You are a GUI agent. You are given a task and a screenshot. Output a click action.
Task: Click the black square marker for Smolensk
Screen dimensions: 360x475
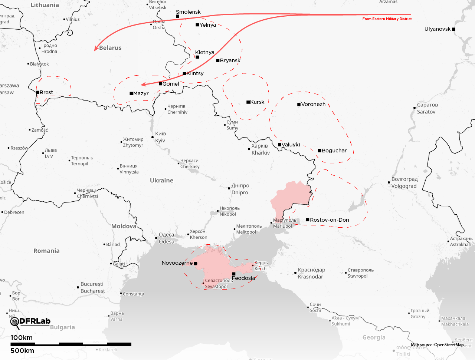coord(178,16)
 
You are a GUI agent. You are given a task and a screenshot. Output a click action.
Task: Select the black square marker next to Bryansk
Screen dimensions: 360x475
coord(218,60)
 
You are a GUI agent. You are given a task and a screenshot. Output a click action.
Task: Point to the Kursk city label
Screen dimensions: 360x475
coord(257,102)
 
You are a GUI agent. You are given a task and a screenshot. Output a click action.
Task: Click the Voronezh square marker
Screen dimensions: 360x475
coord(299,105)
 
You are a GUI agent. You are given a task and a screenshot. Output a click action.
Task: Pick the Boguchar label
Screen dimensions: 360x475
coord(334,151)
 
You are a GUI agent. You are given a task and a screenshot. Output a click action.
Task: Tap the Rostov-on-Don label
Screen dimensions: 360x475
coord(330,220)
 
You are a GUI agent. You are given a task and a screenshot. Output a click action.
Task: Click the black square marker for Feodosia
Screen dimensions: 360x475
coord(234,274)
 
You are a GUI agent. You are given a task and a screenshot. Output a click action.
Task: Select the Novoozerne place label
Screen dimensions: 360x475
coord(177,263)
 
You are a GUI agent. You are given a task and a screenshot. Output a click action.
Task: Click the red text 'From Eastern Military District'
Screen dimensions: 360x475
coord(387,19)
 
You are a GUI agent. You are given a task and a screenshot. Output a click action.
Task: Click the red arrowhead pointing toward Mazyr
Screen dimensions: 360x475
coord(144,84)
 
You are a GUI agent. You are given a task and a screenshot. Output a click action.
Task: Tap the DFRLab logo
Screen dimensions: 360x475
coord(30,322)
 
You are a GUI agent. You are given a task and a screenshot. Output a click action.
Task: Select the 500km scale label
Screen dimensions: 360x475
coord(22,351)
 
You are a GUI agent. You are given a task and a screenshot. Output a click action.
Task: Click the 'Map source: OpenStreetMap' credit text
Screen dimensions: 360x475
coord(437,345)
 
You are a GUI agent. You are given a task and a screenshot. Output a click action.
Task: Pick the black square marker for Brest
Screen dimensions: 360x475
coord(38,92)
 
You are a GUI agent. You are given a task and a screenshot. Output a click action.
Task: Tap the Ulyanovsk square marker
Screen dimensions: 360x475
coord(453,29)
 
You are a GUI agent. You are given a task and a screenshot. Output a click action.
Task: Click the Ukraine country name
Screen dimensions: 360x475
coord(161,181)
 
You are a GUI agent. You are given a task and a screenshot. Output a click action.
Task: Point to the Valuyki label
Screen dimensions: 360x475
coord(291,145)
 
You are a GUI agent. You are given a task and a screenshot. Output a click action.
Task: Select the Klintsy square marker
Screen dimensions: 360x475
coord(184,73)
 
